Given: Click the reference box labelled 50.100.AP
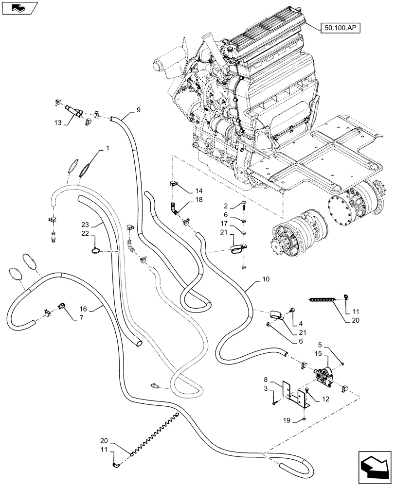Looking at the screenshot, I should tap(339, 28).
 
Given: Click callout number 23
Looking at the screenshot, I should tap(86, 225).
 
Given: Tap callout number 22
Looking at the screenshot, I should tap(86, 234).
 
